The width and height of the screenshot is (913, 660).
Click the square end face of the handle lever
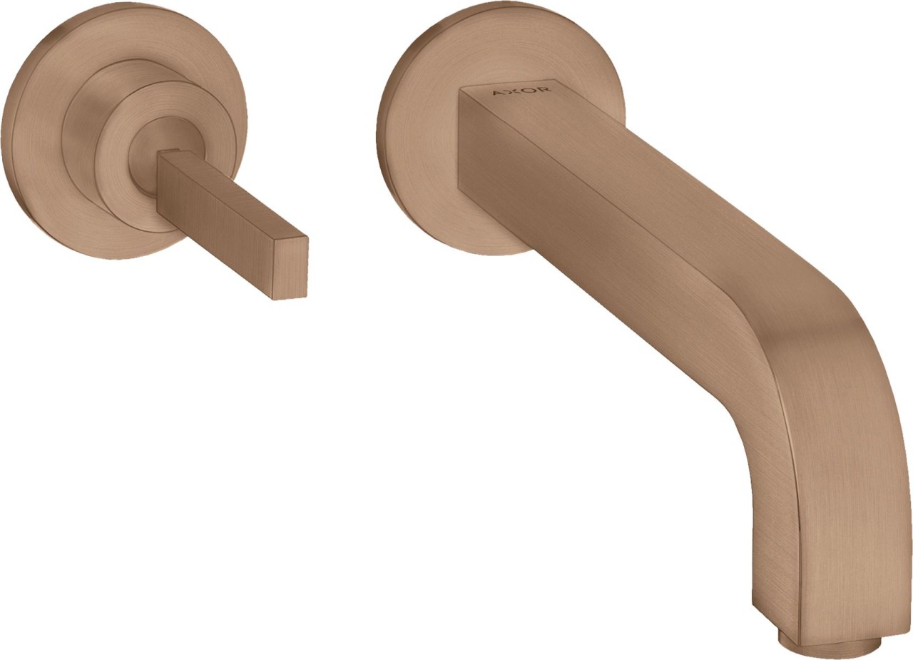click(x=290, y=269)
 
